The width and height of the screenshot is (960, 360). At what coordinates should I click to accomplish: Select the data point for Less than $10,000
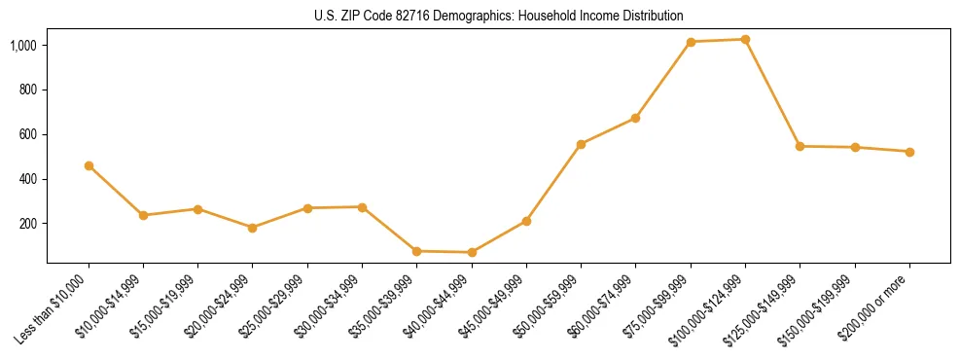point(89,166)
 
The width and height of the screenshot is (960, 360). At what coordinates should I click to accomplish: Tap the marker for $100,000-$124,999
point(745,40)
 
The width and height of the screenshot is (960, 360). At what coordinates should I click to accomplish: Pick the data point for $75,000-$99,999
point(691,42)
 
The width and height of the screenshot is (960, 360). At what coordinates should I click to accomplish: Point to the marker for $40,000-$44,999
point(472,252)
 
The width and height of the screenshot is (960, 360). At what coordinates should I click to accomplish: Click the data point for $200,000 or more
point(909,152)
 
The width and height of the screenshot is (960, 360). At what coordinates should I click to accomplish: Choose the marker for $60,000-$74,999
point(636,118)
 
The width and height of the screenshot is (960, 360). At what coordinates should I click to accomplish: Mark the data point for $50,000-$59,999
point(581,144)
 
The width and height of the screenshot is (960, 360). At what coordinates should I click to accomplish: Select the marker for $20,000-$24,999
point(253,228)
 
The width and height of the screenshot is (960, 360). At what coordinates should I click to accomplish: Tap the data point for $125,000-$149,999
point(800,146)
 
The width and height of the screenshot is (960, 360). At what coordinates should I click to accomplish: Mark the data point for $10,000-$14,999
point(143,215)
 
